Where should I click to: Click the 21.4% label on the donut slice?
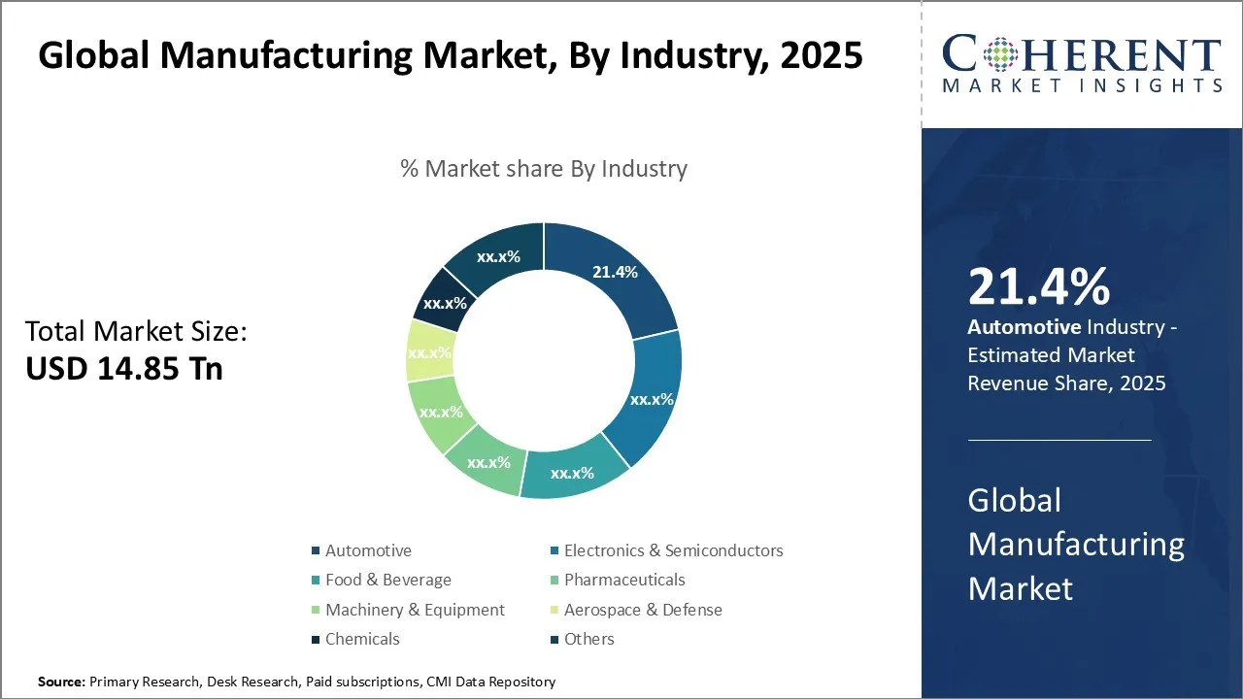click(x=615, y=272)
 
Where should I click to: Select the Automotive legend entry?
click(x=368, y=550)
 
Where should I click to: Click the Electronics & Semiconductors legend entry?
click(x=673, y=550)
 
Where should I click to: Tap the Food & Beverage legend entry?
click(x=387, y=580)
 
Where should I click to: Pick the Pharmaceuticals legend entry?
click(x=623, y=580)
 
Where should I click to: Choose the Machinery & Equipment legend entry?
click(x=415, y=610)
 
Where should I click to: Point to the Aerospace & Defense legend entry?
click(x=642, y=610)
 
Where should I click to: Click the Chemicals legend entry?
click(x=362, y=639)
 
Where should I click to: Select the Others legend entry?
click(x=588, y=639)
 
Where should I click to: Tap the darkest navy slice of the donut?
click(x=440, y=303)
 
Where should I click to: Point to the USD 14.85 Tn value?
click(x=124, y=369)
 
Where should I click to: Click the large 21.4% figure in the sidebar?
click(x=1038, y=286)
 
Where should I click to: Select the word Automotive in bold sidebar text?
click(x=1024, y=327)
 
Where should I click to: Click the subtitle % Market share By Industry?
click(x=544, y=168)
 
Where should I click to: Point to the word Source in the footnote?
click(x=61, y=682)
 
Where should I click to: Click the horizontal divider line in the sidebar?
click(x=1058, y=440)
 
